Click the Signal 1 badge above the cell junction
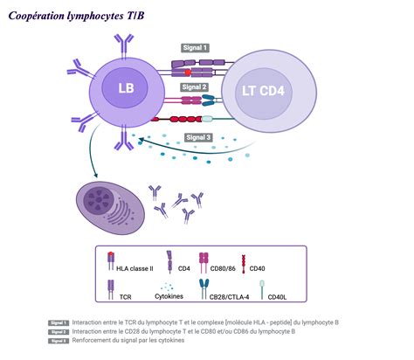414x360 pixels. tap(195, 48)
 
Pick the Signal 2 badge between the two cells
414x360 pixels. tap(194, 87)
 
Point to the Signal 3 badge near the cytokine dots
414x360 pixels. tap(198, 137)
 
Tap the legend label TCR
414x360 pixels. tap(125, 296)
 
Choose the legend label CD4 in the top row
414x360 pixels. tap(183, 269)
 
